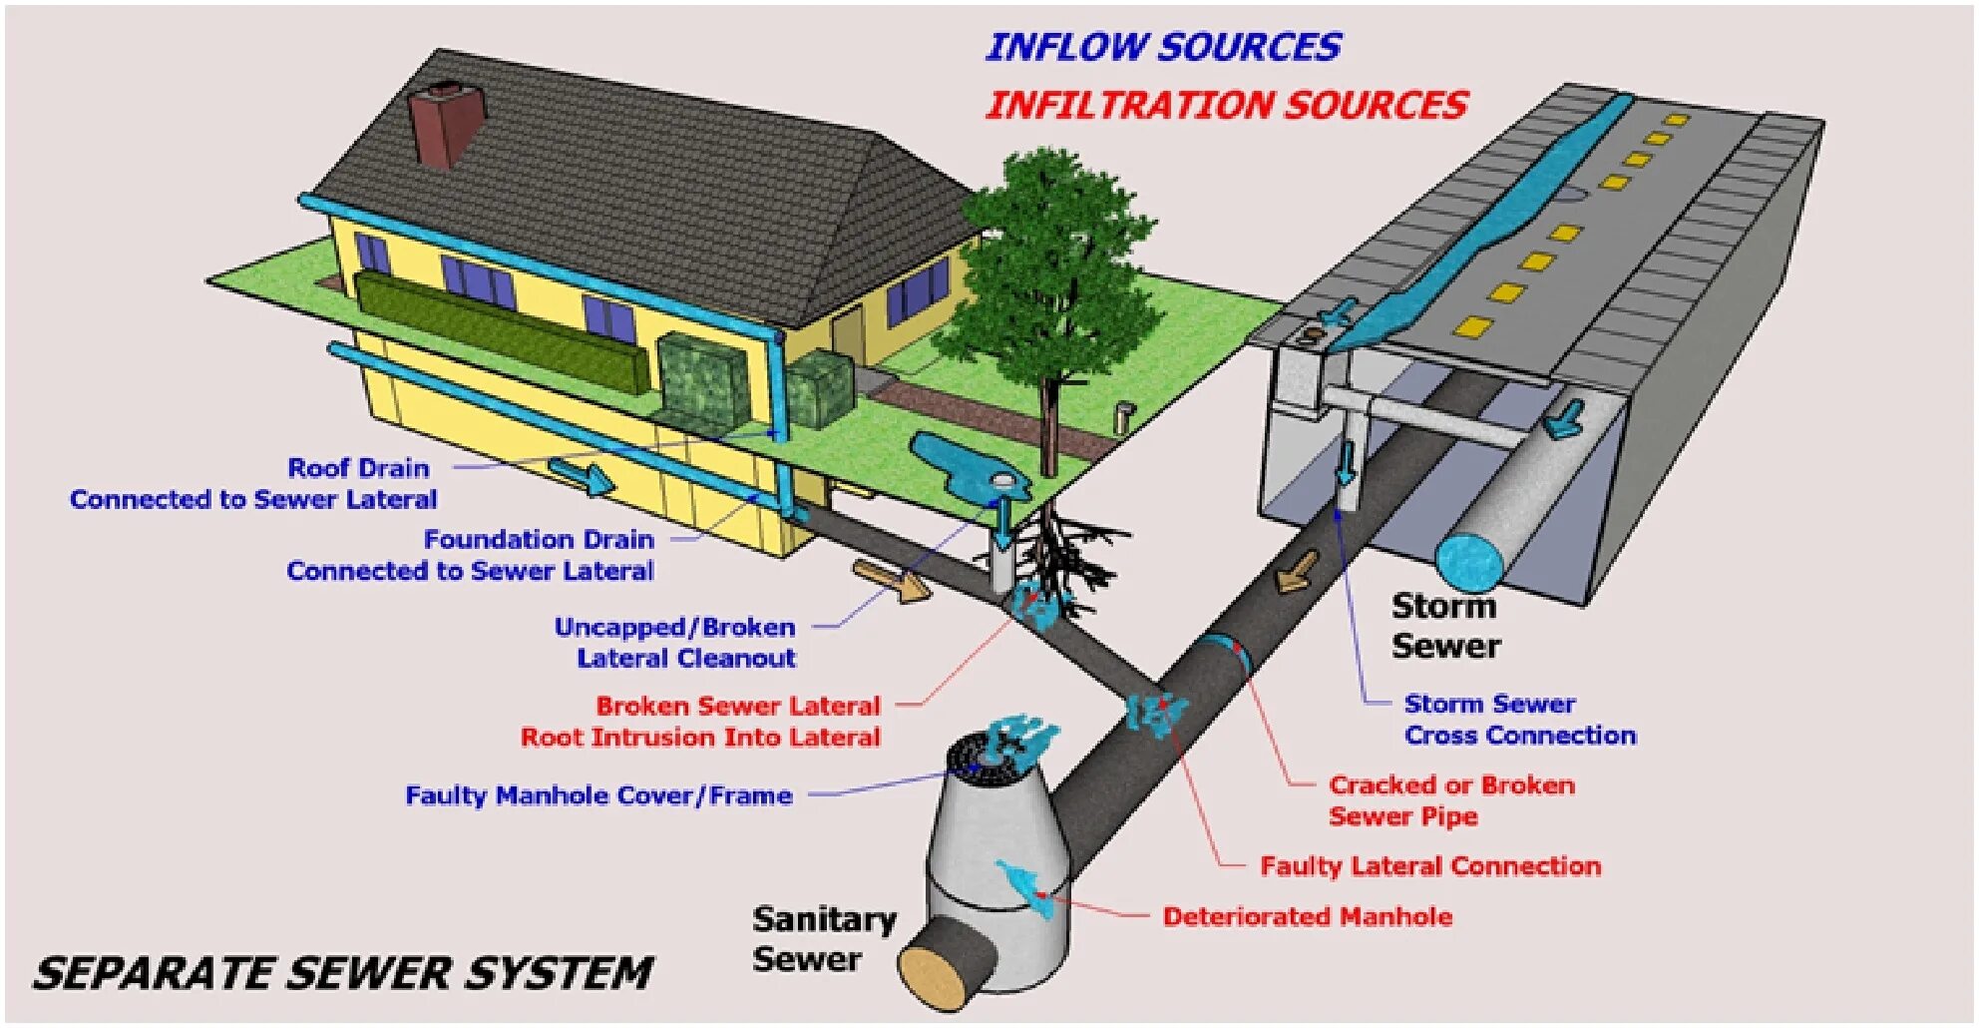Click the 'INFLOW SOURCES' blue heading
tap(1163, 47)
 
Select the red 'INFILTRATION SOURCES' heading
tap(1226, 105)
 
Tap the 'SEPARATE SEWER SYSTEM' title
tap(342, 973)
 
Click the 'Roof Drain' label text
tap(358, 468)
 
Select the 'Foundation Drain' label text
tap(539, 540)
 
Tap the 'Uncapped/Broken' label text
tap(674, 628)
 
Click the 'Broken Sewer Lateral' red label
tap(738, 707)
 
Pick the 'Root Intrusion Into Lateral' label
tap(700, 738)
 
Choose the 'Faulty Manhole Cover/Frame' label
tap(598, 795)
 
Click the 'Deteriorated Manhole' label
tap(1307, 916)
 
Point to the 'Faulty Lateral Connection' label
tap(1429, 865)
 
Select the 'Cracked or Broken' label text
tap(1451, 785)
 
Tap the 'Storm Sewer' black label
tap(1445, 626)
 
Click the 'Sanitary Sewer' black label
tap(823, 938)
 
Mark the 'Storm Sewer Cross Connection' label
tap(1519, 720)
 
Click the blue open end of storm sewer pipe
tap(1468, 562)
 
